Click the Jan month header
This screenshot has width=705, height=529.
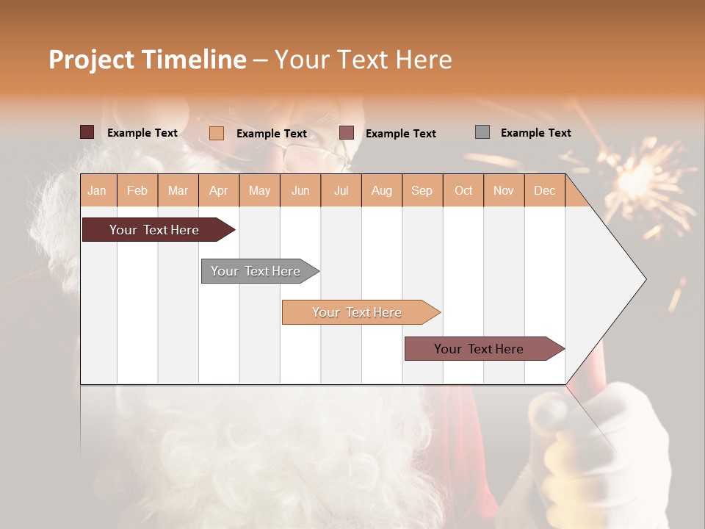tap(97, 190)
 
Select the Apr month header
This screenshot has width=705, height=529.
tap(219, 190)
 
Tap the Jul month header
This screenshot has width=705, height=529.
tap(341, 190)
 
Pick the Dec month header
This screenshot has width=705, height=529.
tap(544, 190)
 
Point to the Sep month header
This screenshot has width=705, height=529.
tap(422, 190)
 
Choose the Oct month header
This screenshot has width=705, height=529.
tap(463, 190)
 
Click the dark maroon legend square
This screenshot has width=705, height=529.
tap(87, 132)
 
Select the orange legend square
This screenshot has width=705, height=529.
tap(217, 133)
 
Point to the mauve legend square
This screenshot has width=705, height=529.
tap(347, 133)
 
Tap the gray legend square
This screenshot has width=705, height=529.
tap(482, 132)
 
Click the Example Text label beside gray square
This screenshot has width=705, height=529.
tap(535, 133)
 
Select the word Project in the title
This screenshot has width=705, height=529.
tap(92, 60)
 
